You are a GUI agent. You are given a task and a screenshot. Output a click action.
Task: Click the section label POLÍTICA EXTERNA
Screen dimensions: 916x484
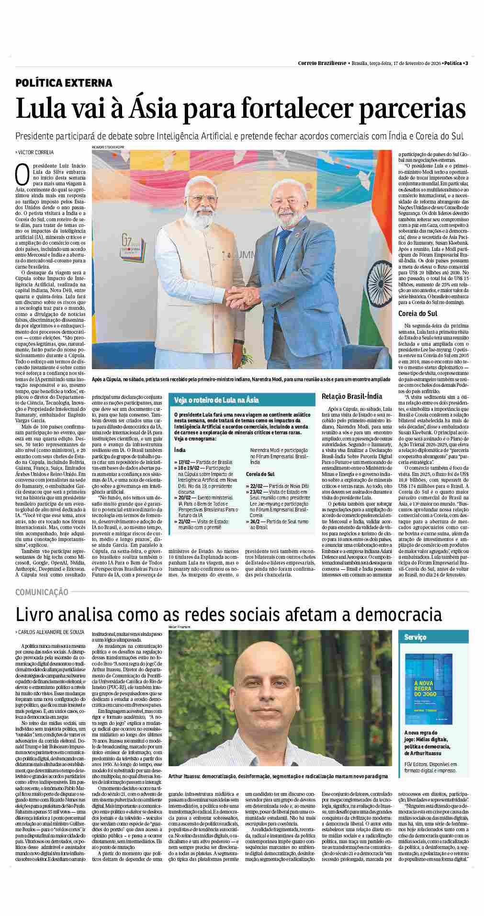coord(64,83)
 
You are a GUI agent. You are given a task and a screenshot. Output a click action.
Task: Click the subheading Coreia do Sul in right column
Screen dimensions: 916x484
coord(418,314)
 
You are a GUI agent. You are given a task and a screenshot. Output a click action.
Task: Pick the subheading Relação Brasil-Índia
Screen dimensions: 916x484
coord(352,396)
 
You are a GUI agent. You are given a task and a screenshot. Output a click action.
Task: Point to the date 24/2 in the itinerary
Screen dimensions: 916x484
coord(254,521)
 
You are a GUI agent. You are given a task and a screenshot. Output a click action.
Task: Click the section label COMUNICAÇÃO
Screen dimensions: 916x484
coord(42,592)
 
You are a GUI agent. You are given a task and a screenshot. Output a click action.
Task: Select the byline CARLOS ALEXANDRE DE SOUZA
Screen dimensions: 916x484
coord(51,632)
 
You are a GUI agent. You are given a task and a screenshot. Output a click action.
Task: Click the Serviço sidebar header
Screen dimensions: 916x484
coord(415,637)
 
